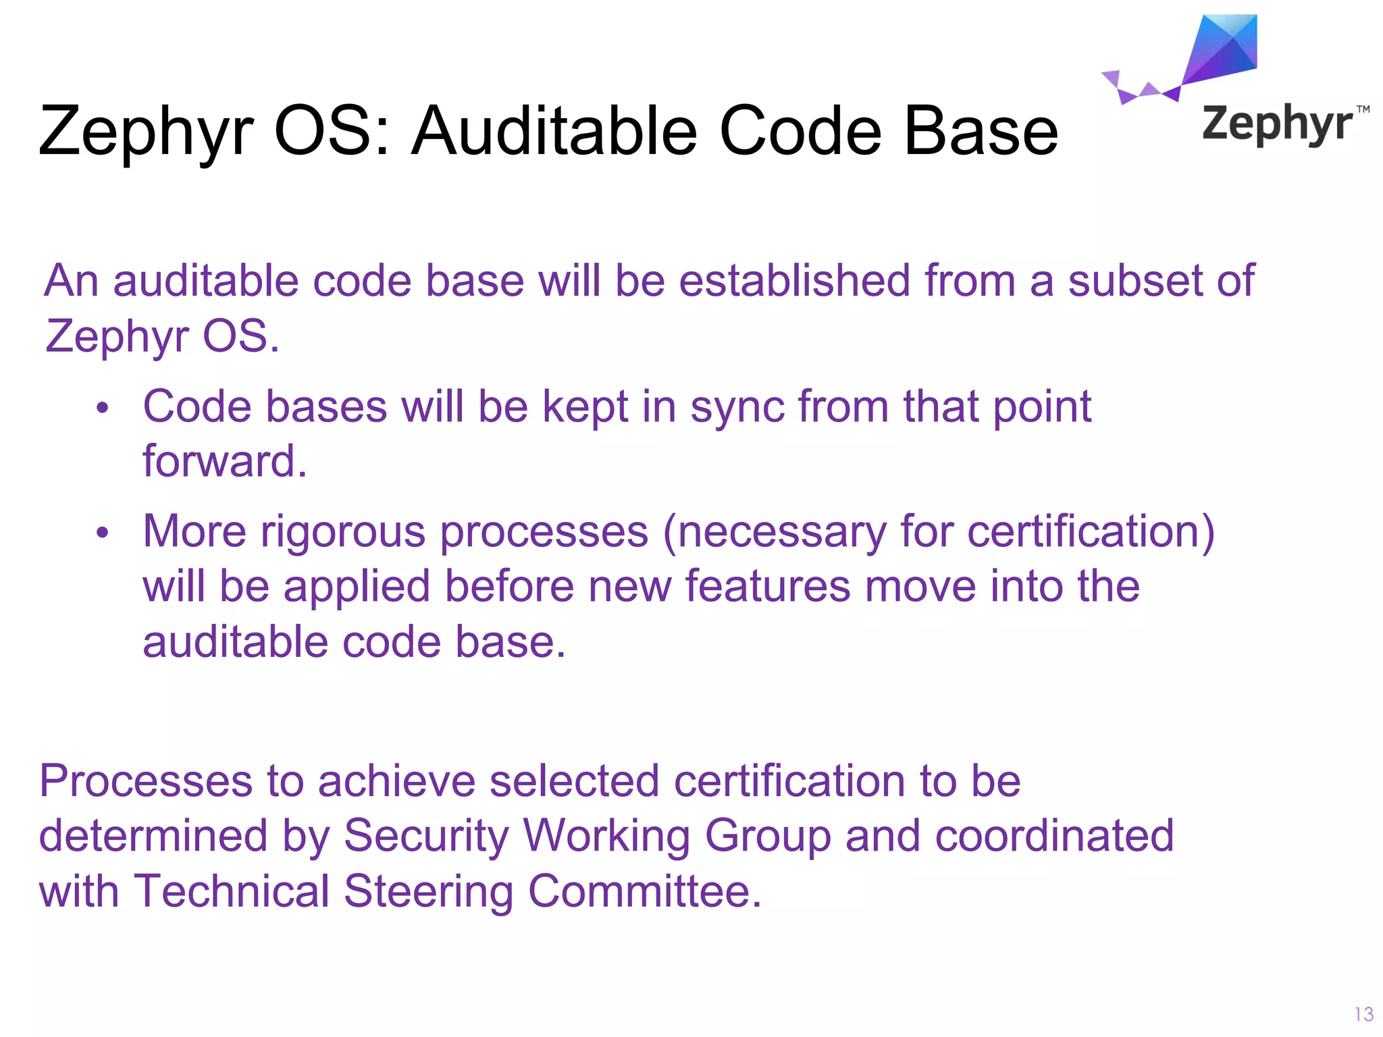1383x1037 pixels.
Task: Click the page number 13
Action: [x=1363, y=1014]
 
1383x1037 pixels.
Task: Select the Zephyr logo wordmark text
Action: [x=1277, y=124]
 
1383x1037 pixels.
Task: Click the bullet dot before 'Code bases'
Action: [x=102, y=408]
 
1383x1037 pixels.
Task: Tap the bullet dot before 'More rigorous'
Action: [x=102, y=533]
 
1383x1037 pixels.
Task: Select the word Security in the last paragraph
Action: [x=425, y=836]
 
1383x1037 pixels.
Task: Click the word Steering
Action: [x=429, y=891]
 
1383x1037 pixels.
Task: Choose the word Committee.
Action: [x=645, y=891]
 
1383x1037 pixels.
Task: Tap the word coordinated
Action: [x=1054, y=836]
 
